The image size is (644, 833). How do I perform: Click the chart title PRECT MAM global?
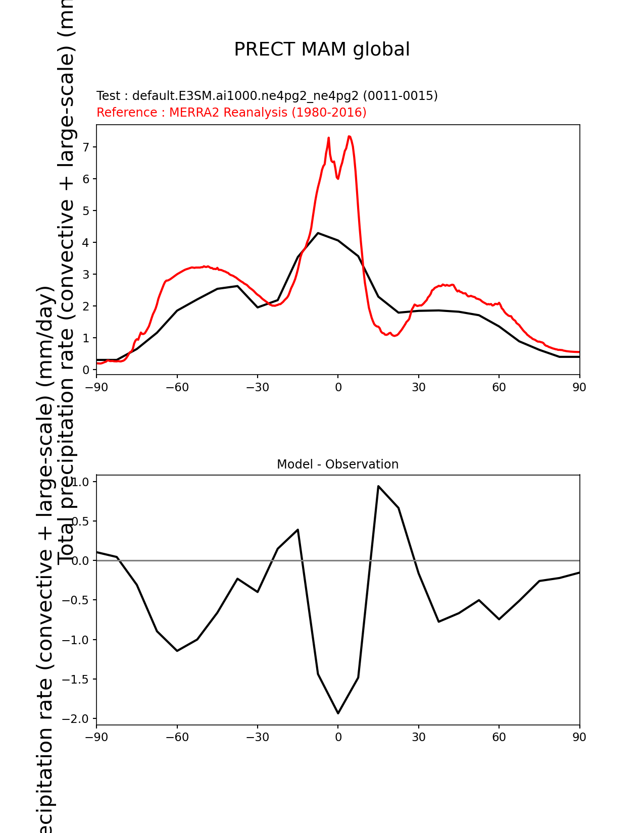pos(322,49)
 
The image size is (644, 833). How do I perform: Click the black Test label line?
pos(267,96)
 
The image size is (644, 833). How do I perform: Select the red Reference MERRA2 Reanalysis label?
pos(231,113)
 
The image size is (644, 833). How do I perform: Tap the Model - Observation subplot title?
pos(337,464)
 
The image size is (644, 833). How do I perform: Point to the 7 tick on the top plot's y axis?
pos(86,147)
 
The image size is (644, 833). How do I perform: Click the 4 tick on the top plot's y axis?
pos(86,243)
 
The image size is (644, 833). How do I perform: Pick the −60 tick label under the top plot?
pos(177,387)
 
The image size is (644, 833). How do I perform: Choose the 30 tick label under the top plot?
pos(418,387)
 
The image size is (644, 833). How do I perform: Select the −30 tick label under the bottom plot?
pos(257,738)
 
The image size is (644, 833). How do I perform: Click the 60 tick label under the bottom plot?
pos(499,738)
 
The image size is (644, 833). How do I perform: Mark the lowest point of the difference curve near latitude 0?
pos(338,713)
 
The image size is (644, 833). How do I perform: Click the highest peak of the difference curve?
pos(378,486)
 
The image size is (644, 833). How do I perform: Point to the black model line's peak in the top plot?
pos(318,233)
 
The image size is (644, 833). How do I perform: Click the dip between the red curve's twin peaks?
pos(337,178)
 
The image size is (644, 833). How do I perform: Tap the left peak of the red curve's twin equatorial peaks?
pos(328,137)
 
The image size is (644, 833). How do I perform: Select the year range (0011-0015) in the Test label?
pos(401,96)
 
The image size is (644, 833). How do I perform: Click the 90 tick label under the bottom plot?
pos(579,738)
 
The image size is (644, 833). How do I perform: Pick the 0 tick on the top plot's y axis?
pos(86,370)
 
